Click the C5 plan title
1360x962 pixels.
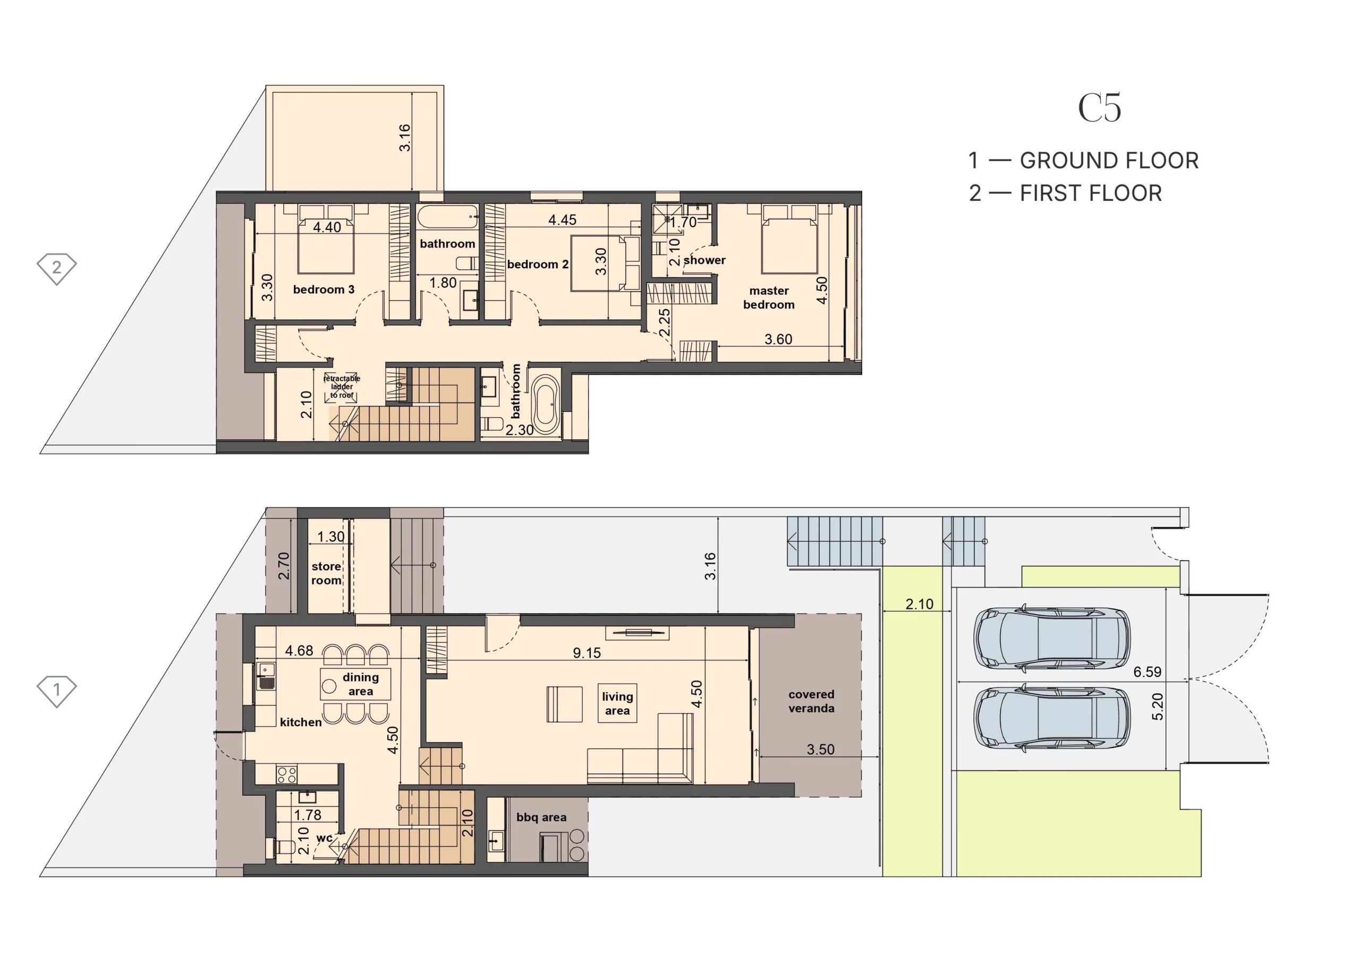coord(1099,108)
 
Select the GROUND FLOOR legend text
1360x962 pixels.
coord(1109,160)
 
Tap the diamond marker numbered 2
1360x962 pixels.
coord(57,269)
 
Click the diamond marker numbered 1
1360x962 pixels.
coord(57,691)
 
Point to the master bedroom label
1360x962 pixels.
coord(769,297)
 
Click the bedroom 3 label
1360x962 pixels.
coord(324,290)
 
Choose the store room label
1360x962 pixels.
coord(326,573)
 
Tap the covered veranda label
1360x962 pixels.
coord(811,701)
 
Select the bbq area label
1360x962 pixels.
coord(541,818)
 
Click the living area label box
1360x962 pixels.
coord(617,703)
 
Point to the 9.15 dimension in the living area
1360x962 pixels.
coord(586,653)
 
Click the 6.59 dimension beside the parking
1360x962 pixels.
coord(1147,672)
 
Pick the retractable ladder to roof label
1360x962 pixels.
coord(342,387)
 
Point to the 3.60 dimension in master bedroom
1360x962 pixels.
coord(778,339)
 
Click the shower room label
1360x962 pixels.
coord(704,260)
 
